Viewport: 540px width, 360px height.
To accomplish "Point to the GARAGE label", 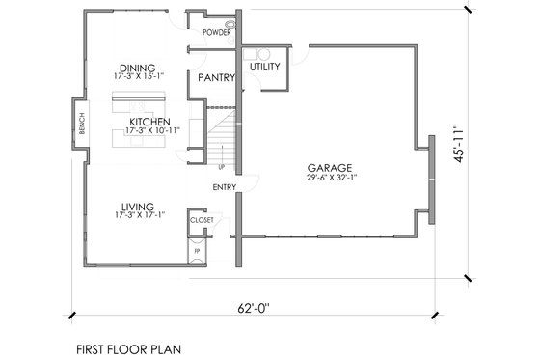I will click(328, 166).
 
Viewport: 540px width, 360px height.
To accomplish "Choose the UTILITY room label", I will click(265, 67).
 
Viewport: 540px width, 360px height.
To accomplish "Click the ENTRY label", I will click(225, 188).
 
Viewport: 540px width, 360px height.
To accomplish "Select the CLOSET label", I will click(201, 220).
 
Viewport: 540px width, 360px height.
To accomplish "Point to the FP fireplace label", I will click(197, 251).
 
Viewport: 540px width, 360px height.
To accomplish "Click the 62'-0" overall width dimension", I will click(257, 309).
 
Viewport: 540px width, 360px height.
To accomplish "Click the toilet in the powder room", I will click(229, 22).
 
